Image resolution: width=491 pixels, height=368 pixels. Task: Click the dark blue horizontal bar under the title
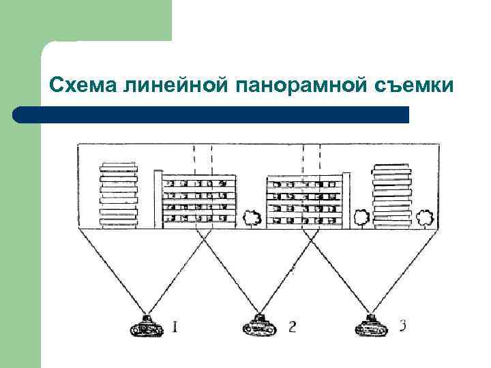(x=211, y=114)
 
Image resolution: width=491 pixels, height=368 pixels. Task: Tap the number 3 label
(x=402, y=326)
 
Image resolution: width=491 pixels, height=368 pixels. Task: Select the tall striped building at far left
(x=119, y=195)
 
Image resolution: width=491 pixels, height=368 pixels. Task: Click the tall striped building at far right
(x=391, y=195)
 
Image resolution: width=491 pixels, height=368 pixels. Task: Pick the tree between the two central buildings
(x=252, y=219)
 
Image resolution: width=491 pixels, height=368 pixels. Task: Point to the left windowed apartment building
(x=196, y=200)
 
